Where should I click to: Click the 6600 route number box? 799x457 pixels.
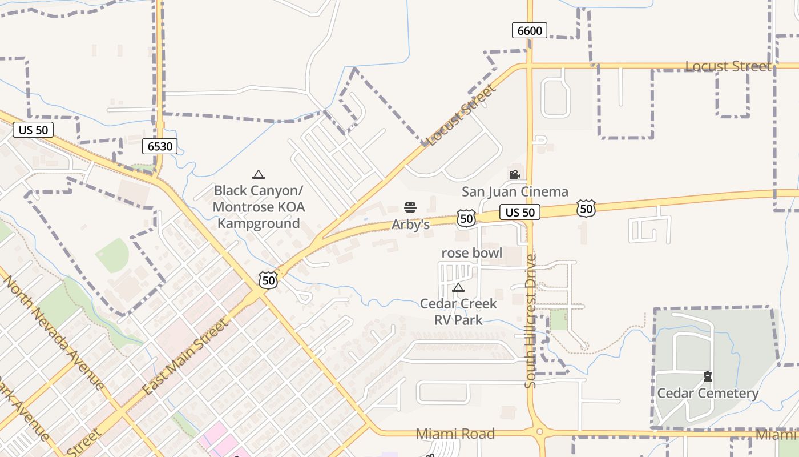[x=530, y=30]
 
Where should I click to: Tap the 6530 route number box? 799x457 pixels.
[x=160, y=146]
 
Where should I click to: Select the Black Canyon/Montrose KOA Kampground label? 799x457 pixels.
[x=259, y=206]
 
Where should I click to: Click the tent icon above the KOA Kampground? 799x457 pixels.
[x=259, y=175]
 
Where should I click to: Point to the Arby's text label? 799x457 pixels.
[x=410, y=225]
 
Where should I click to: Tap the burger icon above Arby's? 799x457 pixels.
[x=410, y=207]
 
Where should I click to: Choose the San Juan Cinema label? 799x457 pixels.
[x=515, y=191]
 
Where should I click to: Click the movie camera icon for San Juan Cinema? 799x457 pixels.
[x=514, y=174]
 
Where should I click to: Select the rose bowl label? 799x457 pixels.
[x=472, y=252]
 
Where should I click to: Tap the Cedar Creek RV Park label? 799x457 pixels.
[x=458, y=311]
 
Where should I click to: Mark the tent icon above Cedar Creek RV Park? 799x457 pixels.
[x=458, y=287]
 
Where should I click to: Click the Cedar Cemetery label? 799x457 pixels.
[x=708, y=393]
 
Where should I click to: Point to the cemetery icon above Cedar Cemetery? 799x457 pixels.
[x=708, y=376]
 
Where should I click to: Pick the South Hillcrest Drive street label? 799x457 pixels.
[x=531, y=322]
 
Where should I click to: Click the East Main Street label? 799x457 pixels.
[x=186, y=357]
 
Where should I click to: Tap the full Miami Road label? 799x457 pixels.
[x=455, y=434]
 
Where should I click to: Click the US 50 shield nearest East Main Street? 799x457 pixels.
[x=268, y=280]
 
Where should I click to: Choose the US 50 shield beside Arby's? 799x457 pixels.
[x=466, y=218]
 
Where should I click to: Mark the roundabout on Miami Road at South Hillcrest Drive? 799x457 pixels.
[x=539, y=432]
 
